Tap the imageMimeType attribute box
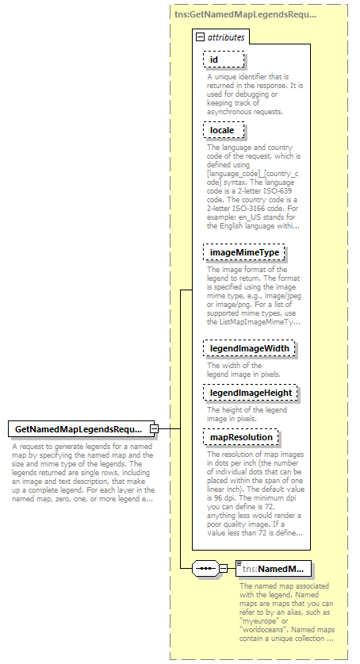tap(245, 252)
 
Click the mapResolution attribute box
tap(242, 437)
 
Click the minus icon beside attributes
tap(199, 37)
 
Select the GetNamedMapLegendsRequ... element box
tap(79, 429)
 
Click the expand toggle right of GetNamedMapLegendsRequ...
tap(155, 429)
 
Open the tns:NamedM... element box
tap(274, 568)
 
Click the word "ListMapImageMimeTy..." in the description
tap(267, 321)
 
